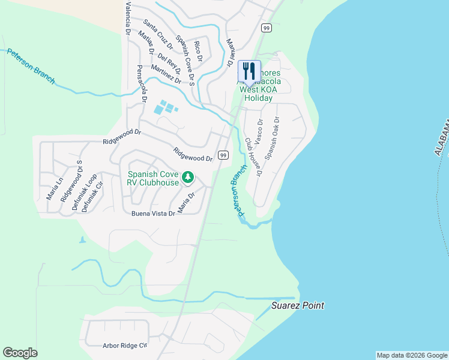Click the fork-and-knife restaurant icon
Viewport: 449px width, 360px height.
249,71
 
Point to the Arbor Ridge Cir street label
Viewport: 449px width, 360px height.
116,346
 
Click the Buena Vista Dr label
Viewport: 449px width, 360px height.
152,213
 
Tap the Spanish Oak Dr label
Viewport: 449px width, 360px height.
273,137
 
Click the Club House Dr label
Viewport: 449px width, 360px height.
253,157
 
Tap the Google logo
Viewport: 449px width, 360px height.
20,353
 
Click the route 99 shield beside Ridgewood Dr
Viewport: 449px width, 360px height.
223,155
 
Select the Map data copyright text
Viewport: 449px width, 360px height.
411,355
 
